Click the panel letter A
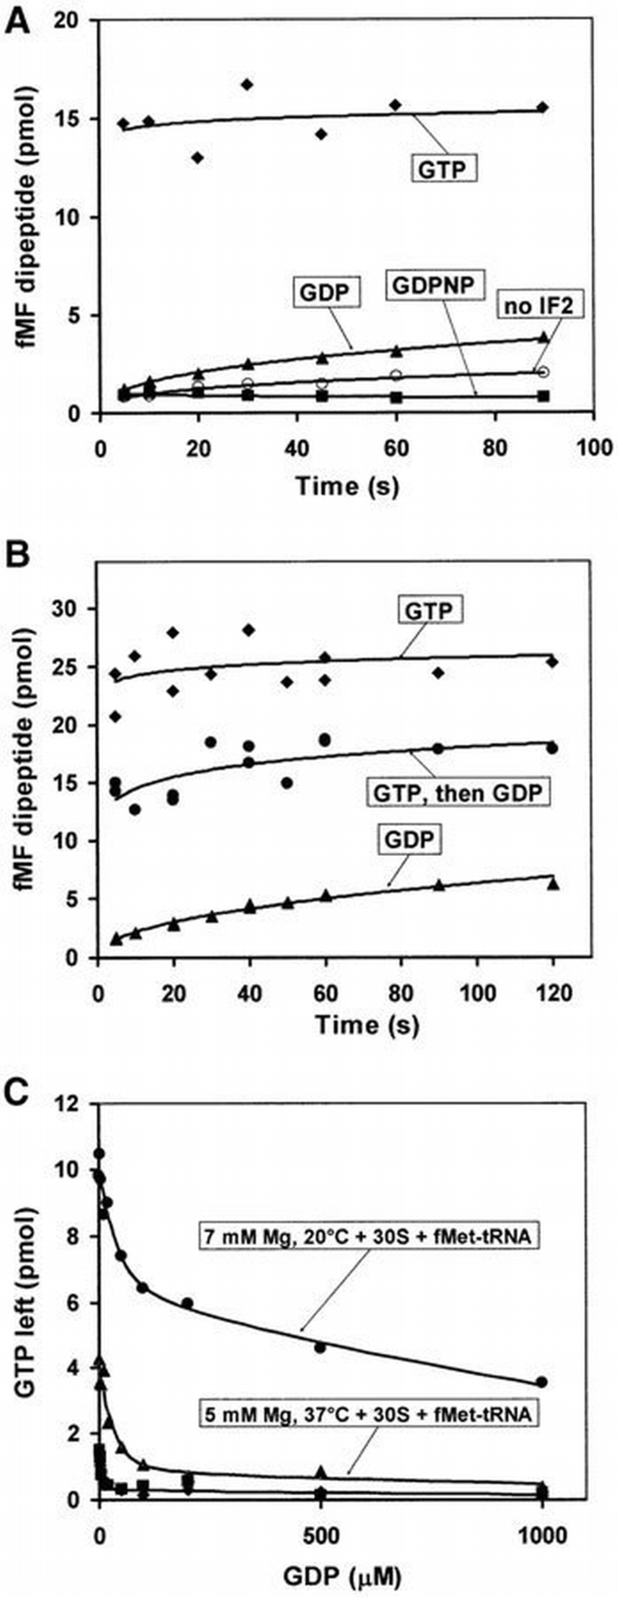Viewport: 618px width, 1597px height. [x=20, y=20]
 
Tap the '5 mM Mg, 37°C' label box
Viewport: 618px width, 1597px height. [x=368, y=1415]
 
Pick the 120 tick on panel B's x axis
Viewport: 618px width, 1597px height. [x=553, y=992]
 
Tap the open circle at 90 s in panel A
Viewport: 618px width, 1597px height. [x=543, y=372]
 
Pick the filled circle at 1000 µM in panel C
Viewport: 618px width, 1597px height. [x=541, y=1381]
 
